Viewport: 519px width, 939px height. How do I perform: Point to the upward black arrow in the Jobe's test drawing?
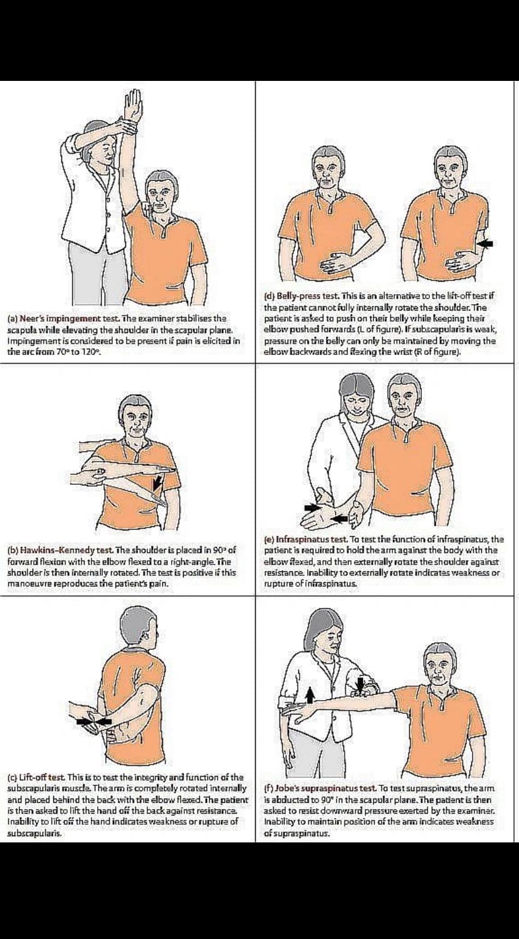click(310, 694)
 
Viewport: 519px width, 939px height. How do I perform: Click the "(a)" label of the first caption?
click(13, 319)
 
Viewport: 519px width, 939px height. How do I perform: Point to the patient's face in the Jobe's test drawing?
click(439, 666)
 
